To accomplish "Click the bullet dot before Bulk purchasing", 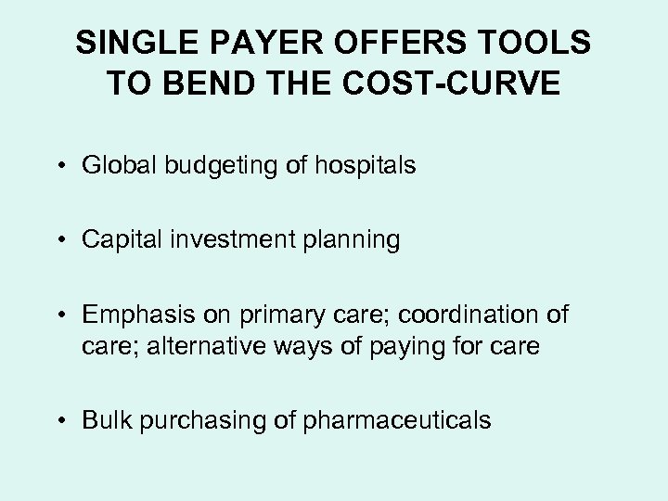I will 69,420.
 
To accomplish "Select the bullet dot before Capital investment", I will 69,240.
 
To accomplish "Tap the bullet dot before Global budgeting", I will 69,167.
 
